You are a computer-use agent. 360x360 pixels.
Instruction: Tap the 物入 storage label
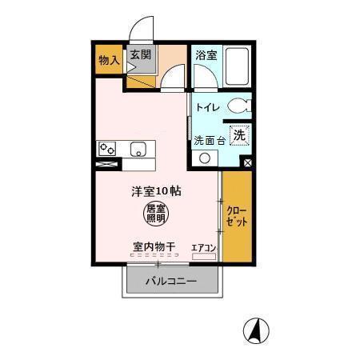(x=109, y=59)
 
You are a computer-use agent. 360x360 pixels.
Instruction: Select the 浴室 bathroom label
(x=206, y=55)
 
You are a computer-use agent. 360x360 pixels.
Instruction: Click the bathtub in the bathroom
(x=237, y=66)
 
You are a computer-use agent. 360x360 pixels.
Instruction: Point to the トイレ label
(x=208, y=106)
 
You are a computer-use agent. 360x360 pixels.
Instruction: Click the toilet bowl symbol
(x=238, y=105)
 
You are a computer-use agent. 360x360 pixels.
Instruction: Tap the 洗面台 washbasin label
(x=210, y=140)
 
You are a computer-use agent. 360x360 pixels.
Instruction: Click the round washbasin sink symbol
(x=205, y=157)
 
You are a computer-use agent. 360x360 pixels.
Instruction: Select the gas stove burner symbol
(x=107, y=149)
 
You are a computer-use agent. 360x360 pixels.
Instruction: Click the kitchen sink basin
(x=139, y=149)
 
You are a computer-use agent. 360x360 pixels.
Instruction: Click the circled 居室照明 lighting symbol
(x=156, y=213)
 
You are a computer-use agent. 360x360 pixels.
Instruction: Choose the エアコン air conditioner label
(x=204, y=248)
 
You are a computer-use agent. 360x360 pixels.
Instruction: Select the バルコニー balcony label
(x=170, y=282)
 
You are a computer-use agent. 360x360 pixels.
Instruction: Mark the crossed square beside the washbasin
(x=247, y=162)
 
